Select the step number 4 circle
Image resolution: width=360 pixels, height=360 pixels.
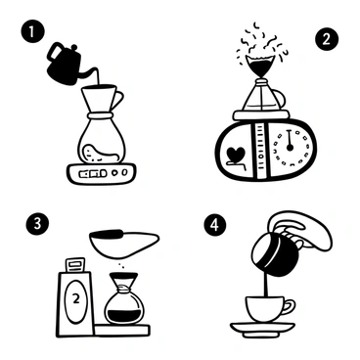pos(214,224)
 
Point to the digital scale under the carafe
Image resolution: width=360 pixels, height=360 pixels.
pos(102,173)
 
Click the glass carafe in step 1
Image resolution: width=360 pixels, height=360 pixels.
pos(103,137)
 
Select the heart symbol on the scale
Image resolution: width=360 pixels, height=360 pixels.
pos(236,156)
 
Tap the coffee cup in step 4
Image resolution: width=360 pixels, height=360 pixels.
pos(264,310)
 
